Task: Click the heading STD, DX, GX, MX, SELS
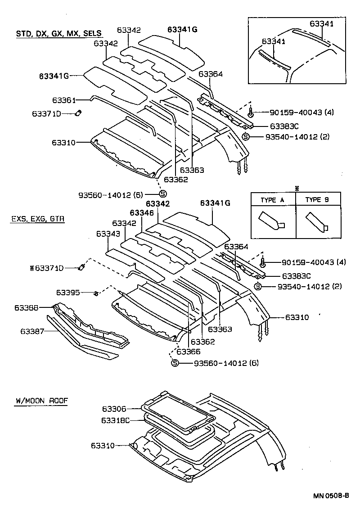[x=59, y=33]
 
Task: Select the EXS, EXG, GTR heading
[x=37, y=219]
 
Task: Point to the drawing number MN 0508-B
[x=332, y=496]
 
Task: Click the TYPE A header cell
[x=273, y=200]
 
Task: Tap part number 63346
[x=142, y=212]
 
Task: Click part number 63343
[x=108, y=234]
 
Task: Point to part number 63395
[x=68, y=293]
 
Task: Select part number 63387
[x=32, y=331]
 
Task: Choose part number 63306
[x=114, y=409]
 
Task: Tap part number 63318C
[x=116, y=420]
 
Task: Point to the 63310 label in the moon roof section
[x=103, y=446]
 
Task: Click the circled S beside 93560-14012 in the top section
[x=162, y=194]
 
